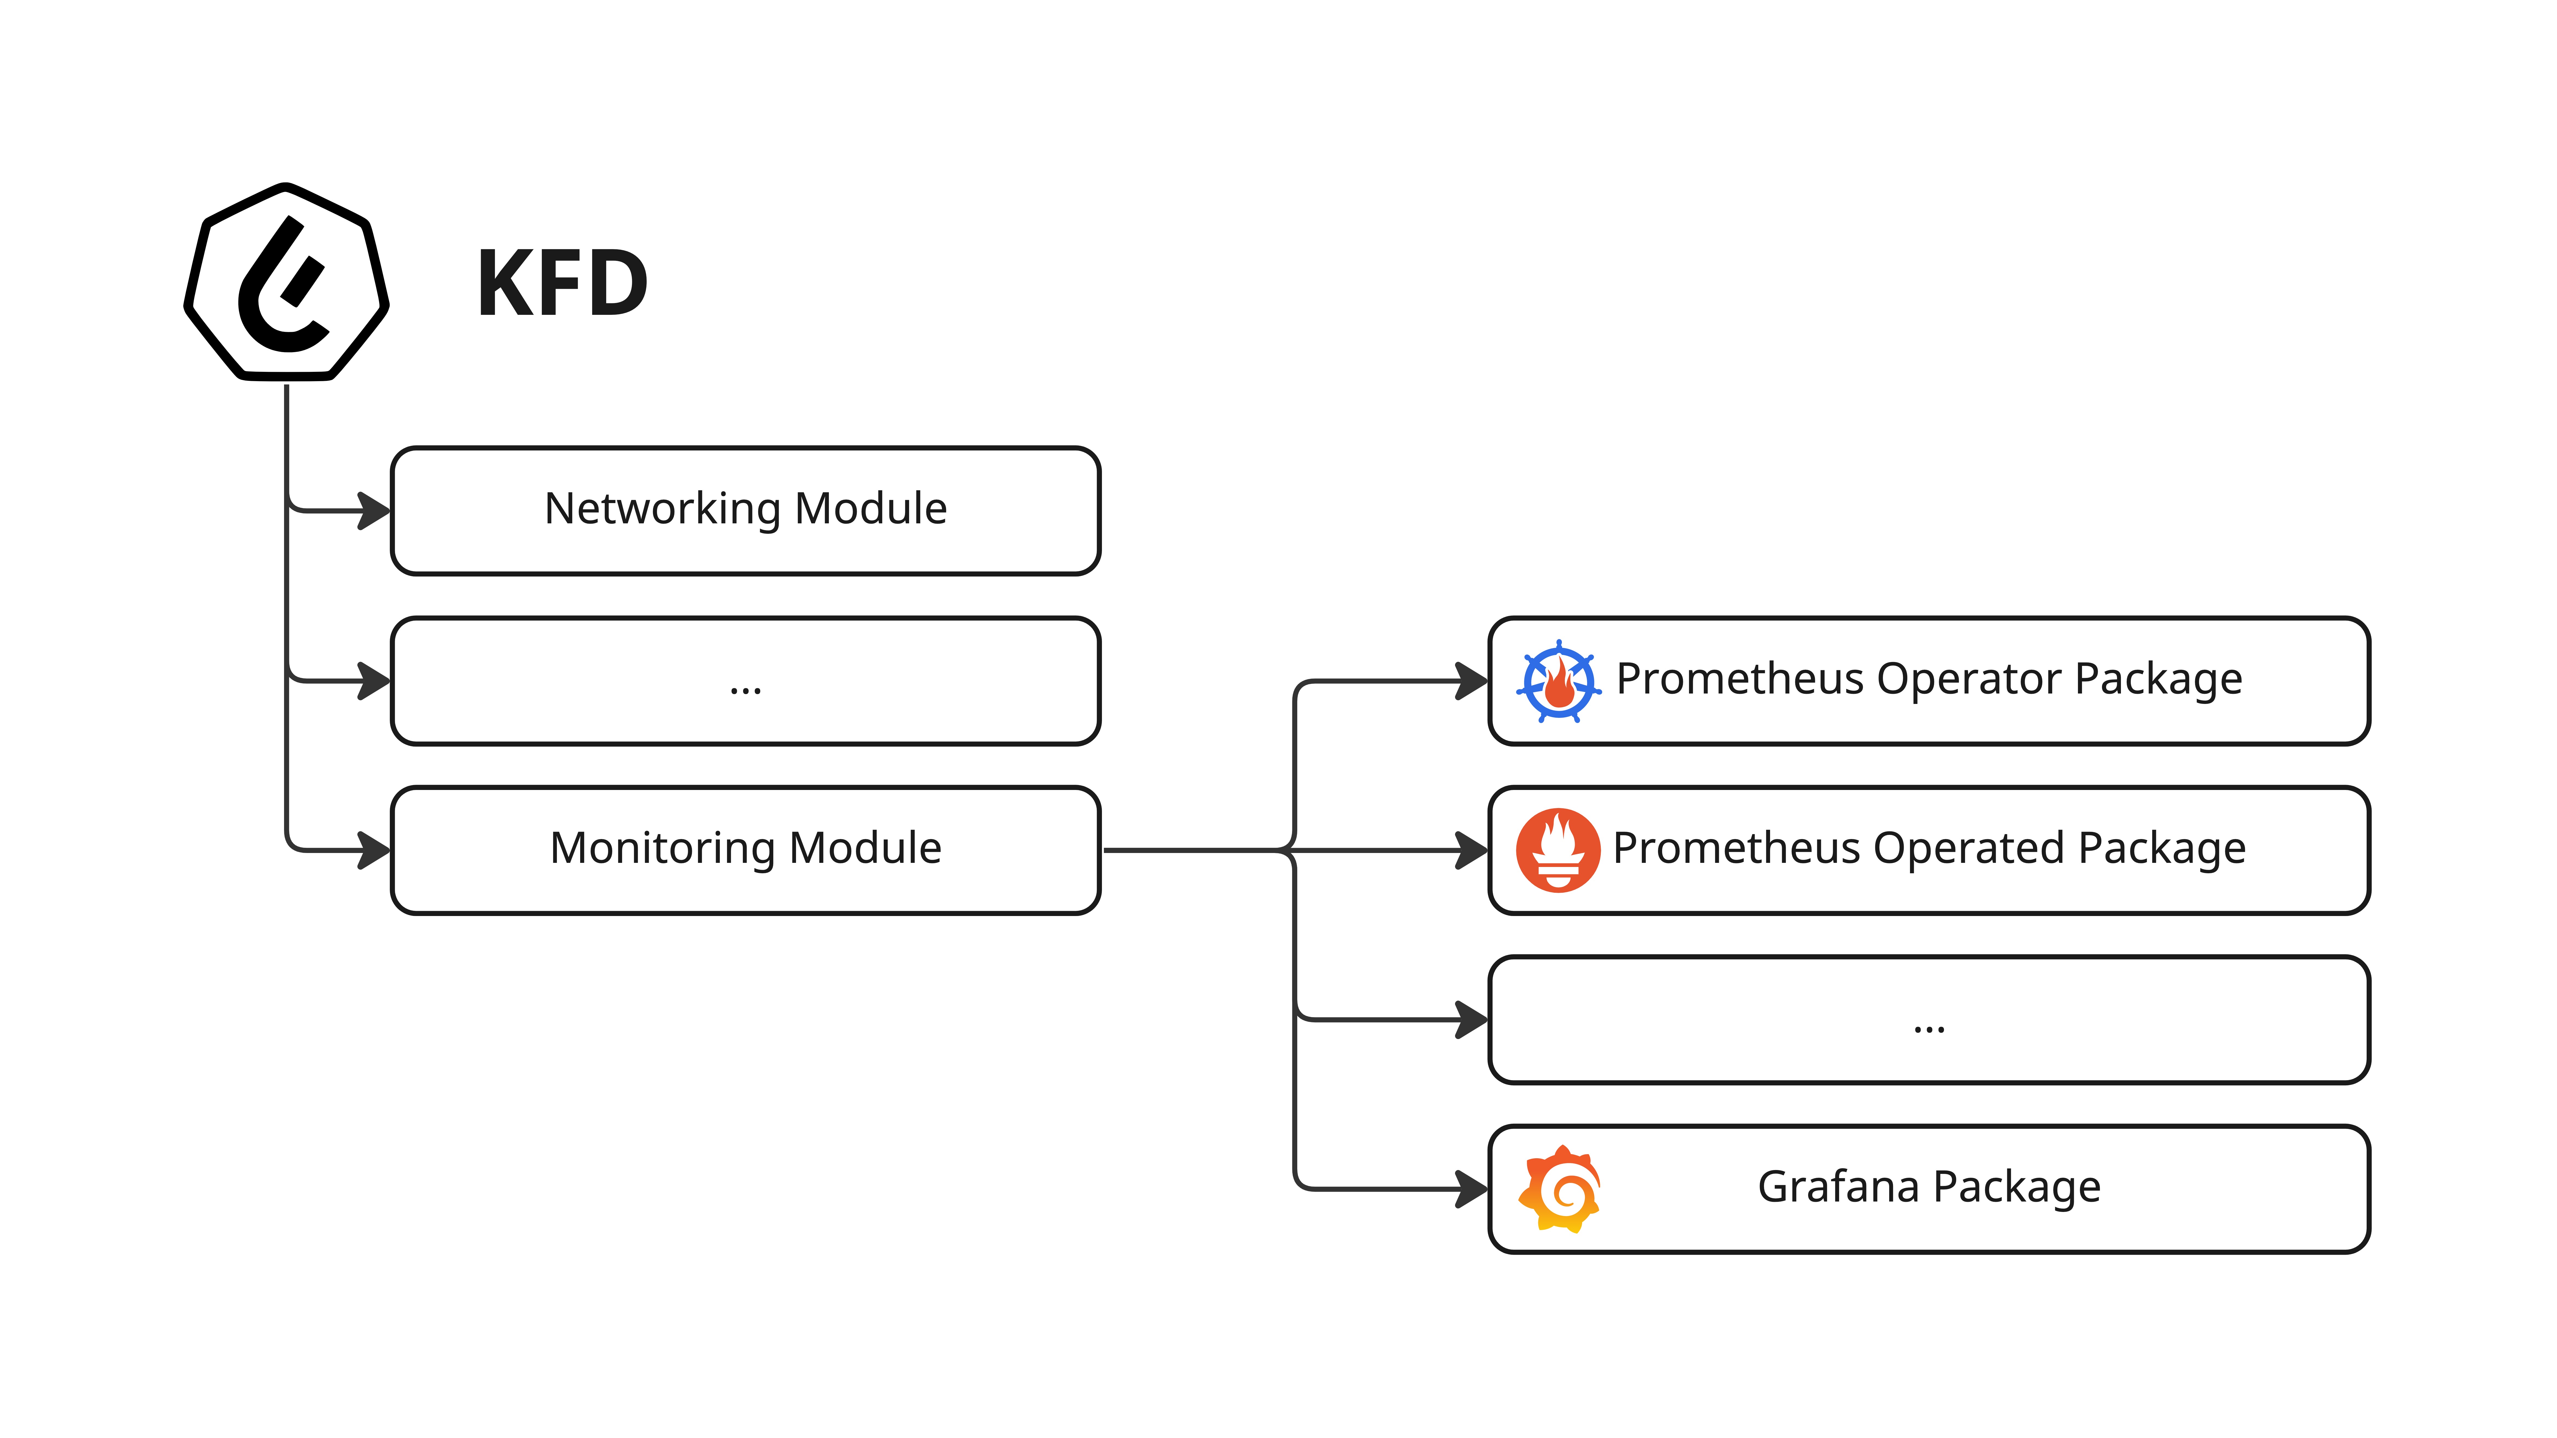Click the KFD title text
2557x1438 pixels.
tap(562, 285)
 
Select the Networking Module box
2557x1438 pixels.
tap(746, 510)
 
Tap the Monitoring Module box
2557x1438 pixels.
tap(746, 850)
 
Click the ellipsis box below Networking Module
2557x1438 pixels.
tap(746, 681)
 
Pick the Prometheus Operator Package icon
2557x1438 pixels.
tap(1558, 681)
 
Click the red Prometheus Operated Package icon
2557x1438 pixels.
tap(1557, 850)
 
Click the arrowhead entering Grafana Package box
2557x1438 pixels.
tap(1472, 1189)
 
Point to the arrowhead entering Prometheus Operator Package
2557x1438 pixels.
tap(1472, 681)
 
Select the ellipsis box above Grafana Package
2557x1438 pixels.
tap(1929, 1020)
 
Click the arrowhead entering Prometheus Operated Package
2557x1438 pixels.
tap(1472, 850)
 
